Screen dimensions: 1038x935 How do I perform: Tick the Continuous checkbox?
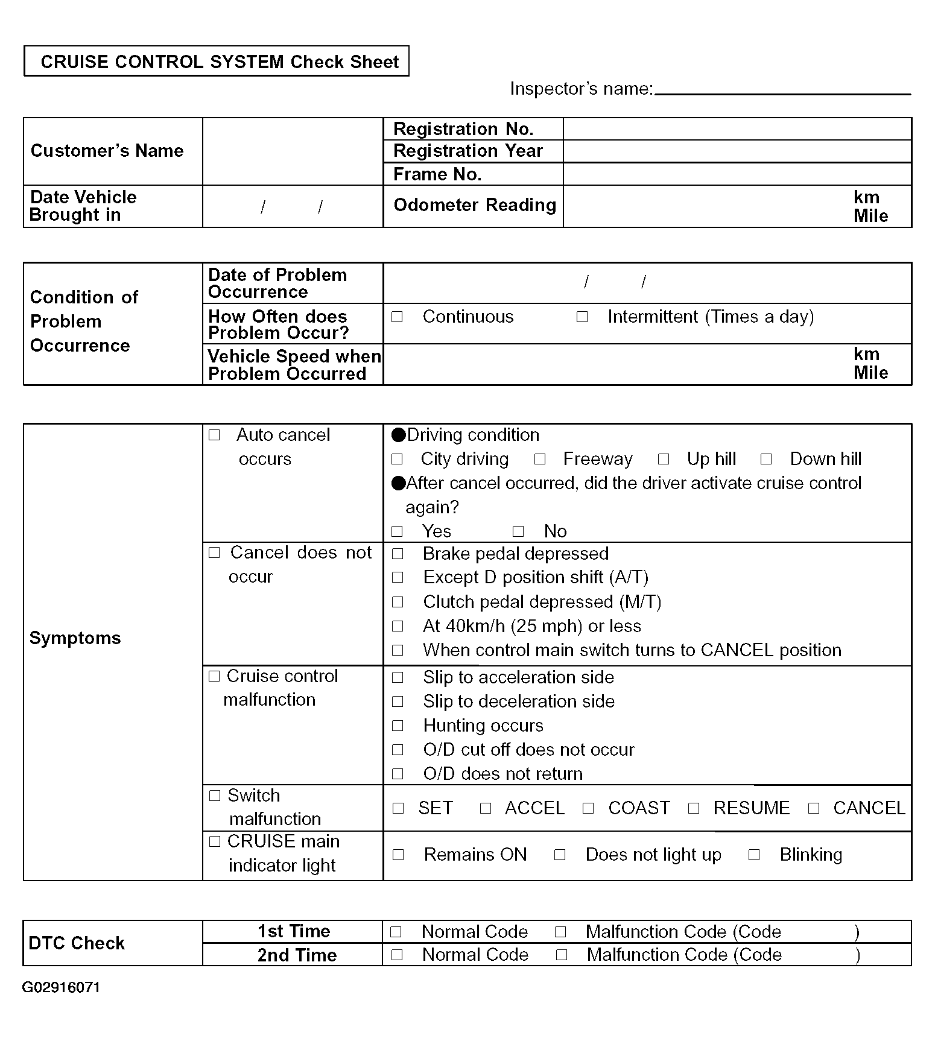[x=397, y=317]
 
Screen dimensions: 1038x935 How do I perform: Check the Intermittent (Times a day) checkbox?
[x=582, y=317]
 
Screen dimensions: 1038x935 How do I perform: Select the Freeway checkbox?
[x=540, y=459]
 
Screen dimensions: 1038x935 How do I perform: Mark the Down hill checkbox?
[x=766, y=459]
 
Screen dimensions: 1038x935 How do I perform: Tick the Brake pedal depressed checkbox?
[x=398, y=554]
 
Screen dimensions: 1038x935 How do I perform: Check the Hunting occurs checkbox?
[x=398, y=725]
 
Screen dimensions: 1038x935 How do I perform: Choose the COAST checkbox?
[x=588, y=808]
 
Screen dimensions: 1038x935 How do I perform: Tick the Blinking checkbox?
[x=754, y=855]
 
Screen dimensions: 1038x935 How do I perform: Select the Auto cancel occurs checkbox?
[x=214, y=435]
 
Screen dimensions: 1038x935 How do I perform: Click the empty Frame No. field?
[x=737, y=174]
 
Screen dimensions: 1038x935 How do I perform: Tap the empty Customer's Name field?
[x=293, y=151]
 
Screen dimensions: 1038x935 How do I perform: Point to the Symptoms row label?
[x=75, y=638]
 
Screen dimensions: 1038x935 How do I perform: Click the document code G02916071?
[x=61, y=987]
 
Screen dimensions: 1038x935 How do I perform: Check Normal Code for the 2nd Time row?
[x=397, y=955]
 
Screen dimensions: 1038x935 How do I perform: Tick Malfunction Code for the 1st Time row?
[x=560, y=932]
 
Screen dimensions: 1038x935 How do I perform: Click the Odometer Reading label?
[x=475, y=205]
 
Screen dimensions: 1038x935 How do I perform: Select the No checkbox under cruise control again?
[x=518, y=531]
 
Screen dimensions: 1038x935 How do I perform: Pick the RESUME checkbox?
[x=694, y=808]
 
